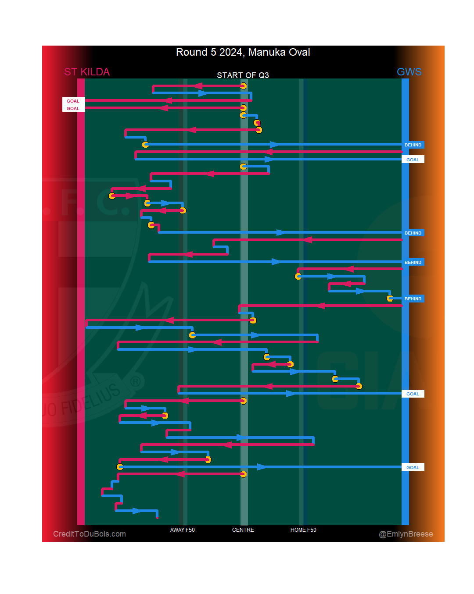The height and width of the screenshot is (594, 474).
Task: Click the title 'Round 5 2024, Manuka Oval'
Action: [x=243, y=52]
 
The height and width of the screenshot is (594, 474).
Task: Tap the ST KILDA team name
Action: [x=87, y=72]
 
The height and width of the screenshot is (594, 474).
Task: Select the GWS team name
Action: [x=409, y=72]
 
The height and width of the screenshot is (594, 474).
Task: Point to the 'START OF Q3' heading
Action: [x=243, y=75]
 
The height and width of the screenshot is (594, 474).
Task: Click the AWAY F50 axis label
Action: [x=183, y=530]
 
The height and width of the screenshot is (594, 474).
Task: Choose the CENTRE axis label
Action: [x=243, y=530]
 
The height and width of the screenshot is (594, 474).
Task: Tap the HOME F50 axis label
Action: [x=303, y=530]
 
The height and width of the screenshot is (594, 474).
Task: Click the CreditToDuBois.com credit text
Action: [x=90, y=534]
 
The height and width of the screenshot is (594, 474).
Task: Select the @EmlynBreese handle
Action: [x=406, y=534]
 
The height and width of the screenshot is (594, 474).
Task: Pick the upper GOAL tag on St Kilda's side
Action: [x=73, y=101]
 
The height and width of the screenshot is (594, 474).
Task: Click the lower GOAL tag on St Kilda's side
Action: [x=73, y=109]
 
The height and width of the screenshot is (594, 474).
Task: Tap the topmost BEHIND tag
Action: [x=413, y=145]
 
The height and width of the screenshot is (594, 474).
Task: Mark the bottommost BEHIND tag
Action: [x=413, y=299]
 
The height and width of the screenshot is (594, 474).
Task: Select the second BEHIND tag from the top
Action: [x=413, y=233]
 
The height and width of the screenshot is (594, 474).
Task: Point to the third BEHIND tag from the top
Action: [x=413, y=263]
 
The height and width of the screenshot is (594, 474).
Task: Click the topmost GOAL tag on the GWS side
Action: [x=413, y=160]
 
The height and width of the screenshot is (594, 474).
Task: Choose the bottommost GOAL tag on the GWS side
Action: [x=413, y=468]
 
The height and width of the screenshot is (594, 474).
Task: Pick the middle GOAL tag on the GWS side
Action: [x=413, y=394]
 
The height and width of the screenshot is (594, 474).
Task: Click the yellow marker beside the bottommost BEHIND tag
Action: [x=390, y=299]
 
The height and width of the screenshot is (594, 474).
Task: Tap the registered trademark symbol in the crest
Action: [x=136, y=381]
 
